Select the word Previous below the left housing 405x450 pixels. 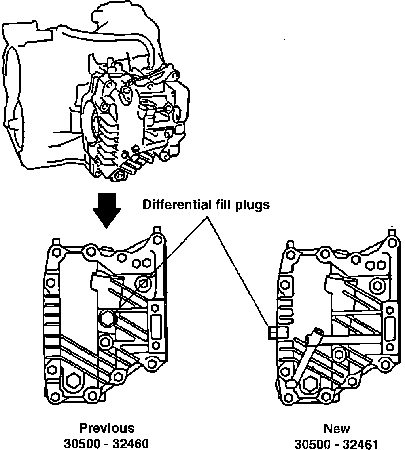pos(107,428)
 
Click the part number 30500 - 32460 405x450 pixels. pos(106,443)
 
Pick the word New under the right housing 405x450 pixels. pos(337,429)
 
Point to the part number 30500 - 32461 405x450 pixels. pos(337,444)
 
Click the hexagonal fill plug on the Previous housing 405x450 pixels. pos(107,318)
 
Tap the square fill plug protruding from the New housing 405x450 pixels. pos(273,333)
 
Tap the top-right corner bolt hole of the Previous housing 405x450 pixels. pos(158,240)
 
